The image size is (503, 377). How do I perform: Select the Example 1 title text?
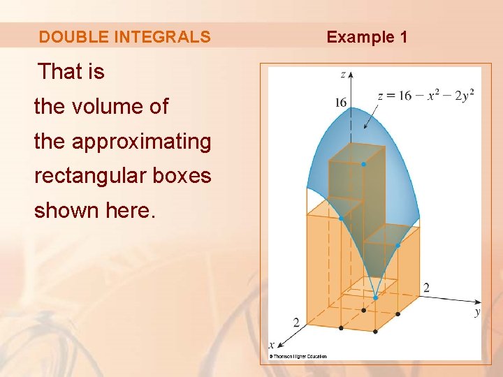[x=367, y=37]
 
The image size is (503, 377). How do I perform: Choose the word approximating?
[x=141, y=141]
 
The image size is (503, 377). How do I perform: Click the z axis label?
[x=343, y=74]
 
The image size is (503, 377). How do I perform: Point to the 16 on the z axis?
[x=340, y=103]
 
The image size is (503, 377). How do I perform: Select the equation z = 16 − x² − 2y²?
[x=425, y=95]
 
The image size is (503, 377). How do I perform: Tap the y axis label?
[x=477, y=312]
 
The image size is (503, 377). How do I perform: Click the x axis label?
[x=272, y=344]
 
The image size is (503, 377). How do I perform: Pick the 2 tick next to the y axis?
[x=426, y=288]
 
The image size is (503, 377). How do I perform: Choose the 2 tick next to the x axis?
[x=296, y=323]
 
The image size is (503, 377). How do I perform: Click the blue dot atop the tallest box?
[x=363, y=164]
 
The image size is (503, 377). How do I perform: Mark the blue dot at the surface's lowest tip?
[x=375, y=297]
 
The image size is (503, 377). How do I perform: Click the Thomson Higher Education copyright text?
[x=298, y=356]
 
